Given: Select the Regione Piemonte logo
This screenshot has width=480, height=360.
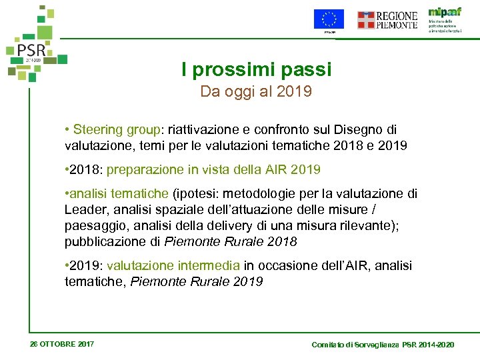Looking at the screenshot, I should coord(387,20).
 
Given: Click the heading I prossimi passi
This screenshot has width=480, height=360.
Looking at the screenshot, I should coord(256,69).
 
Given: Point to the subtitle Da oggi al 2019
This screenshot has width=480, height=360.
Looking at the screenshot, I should coord(256,91).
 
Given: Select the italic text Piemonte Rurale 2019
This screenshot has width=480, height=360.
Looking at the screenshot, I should coord(197,281).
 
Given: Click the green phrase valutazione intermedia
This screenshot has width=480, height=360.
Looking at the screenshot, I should coord(174,265).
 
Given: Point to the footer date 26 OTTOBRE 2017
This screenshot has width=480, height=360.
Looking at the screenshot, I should coord(62,344).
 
